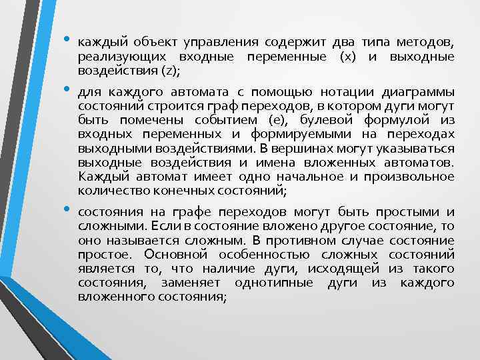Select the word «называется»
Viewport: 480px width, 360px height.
point(137,240)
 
